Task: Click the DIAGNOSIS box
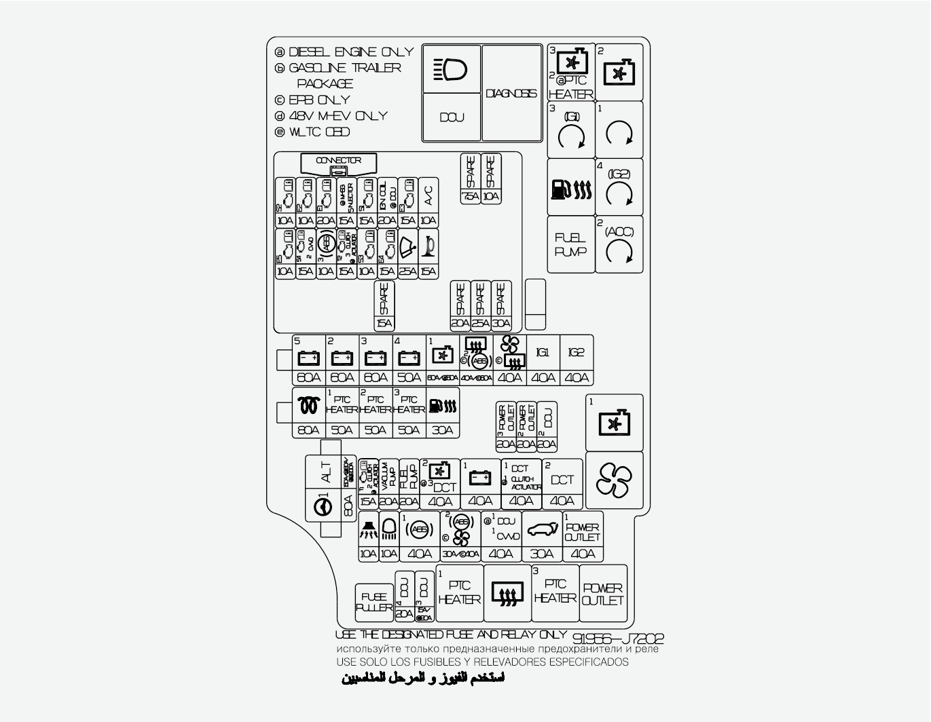[x=511, y=93]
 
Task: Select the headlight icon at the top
[x=452, y=69]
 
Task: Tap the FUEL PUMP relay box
[x=570, y=244]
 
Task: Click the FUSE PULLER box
[x=374, y=602]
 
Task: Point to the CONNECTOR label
[x=338, y=161]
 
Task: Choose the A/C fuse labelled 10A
[x=428, y=202]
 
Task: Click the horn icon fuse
[x=428, y=253]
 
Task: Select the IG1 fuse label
[x=543, y=353]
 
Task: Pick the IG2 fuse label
[x=576, y=353]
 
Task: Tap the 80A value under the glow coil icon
[x=308, y=430]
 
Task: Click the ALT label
[x=326, y=472]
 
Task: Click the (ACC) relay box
[x=619, y=244]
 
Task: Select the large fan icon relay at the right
[x=614, y=480]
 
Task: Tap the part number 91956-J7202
[x=617, y=639]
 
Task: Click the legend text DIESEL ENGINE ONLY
[x=350, y=52]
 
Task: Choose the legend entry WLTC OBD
[x=319, y=132]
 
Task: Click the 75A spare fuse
[x=470, y=178]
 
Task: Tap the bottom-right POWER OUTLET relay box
[x=603, y=594]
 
